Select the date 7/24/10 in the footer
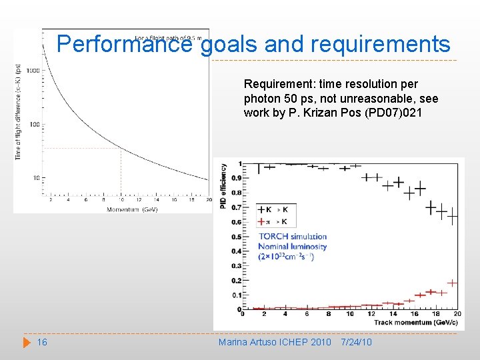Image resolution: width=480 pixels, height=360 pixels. click(356, 342)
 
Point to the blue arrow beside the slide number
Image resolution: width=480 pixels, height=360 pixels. click(27, 342)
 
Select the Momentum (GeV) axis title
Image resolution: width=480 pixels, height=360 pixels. click(132, 209)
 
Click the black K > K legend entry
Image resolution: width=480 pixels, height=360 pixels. click(273, 209)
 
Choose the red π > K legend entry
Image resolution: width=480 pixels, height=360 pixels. click(273, 221)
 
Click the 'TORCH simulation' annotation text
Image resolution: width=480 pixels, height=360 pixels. click(292, 236)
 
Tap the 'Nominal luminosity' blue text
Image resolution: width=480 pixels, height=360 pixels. click(292, 246)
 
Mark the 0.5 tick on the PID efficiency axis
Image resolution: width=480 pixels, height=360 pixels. click(237, 237)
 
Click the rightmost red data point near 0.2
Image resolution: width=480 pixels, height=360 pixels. click(452, 283)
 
